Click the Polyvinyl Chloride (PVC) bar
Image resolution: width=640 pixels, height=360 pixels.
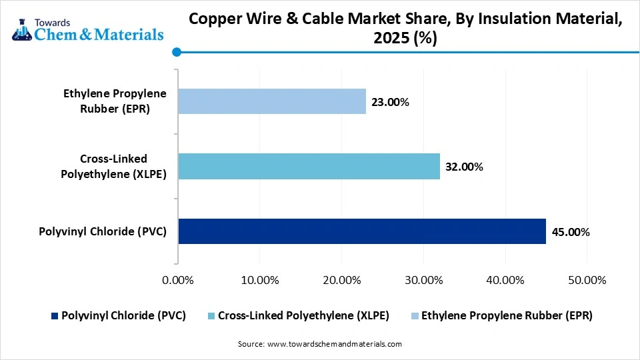(361, 231)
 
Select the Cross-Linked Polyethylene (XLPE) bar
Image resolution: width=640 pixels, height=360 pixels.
(309, 166)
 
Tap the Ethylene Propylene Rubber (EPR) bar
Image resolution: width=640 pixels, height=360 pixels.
(272, 101)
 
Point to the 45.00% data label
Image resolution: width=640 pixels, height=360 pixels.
(571, 232)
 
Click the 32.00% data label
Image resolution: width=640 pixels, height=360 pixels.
(465, 167)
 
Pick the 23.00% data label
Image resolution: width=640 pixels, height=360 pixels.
(391, 102)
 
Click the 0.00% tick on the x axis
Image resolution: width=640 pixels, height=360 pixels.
(177, 280)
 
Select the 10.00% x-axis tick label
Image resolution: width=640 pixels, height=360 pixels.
(259, 280)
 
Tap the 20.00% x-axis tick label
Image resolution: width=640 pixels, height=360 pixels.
(341, 280)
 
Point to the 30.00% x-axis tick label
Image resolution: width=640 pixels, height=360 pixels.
(423, 280)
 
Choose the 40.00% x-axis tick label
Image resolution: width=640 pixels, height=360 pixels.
(505, 280)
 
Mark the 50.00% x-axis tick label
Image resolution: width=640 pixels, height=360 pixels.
(587, 280)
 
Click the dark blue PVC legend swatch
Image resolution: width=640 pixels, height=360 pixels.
(55, 315)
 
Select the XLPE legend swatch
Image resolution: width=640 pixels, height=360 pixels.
(211, 315)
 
